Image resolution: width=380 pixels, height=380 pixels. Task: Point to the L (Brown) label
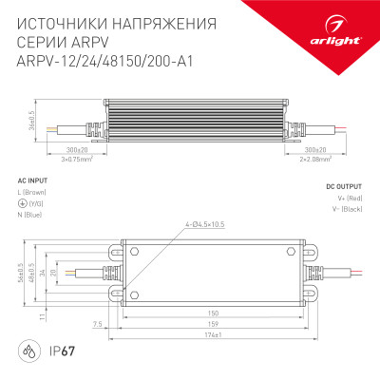[x=36, y=193]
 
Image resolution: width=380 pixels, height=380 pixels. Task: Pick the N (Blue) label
[x=34, y=213]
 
